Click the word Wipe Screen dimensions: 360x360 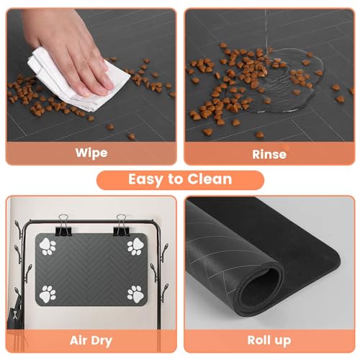(91, 153)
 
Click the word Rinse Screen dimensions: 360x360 (269, 154)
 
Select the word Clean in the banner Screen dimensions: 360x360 (210, 179)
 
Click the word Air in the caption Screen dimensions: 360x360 (78, 340)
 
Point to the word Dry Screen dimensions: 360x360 (102, 341)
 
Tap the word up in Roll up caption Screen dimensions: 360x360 (283, 341)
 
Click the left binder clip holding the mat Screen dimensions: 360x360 (63, 225)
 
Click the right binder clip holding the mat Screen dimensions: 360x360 (122, 225)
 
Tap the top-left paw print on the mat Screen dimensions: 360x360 (48, 246)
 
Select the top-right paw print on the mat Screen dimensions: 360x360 (135, 246)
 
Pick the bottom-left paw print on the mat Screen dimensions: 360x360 (48, 294)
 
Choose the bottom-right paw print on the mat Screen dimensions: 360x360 (135, 294)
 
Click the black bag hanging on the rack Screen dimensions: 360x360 (12, 315)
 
